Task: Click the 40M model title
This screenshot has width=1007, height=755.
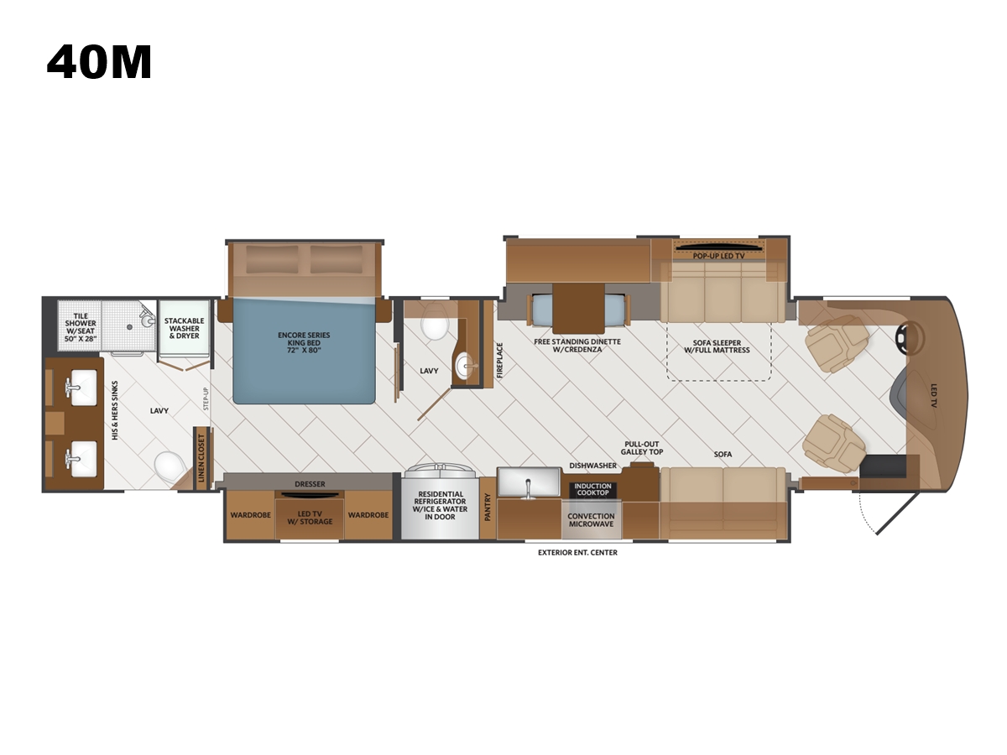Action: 99,62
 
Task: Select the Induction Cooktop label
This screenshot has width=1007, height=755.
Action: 592,489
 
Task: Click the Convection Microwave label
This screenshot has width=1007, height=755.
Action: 591,520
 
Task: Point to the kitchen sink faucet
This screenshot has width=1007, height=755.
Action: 529,489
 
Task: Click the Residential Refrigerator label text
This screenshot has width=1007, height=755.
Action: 440,505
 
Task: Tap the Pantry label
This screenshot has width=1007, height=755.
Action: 488,507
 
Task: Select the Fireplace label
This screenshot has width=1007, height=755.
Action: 499,361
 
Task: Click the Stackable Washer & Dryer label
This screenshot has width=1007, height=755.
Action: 184,328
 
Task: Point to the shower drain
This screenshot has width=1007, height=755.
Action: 130,327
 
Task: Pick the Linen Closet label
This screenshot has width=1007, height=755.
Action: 201,458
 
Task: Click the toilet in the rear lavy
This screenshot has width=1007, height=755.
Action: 169,466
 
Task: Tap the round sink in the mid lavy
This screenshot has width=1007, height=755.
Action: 465,367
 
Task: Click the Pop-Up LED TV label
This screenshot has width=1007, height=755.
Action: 719,256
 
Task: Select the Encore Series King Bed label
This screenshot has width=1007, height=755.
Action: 304,342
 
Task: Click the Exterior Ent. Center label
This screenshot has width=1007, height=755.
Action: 577,552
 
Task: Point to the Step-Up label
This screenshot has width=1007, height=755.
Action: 206,398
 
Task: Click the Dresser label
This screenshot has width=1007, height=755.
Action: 310,484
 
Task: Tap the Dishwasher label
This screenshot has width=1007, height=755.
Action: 592,466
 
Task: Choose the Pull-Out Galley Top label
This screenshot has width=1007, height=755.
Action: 642,448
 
